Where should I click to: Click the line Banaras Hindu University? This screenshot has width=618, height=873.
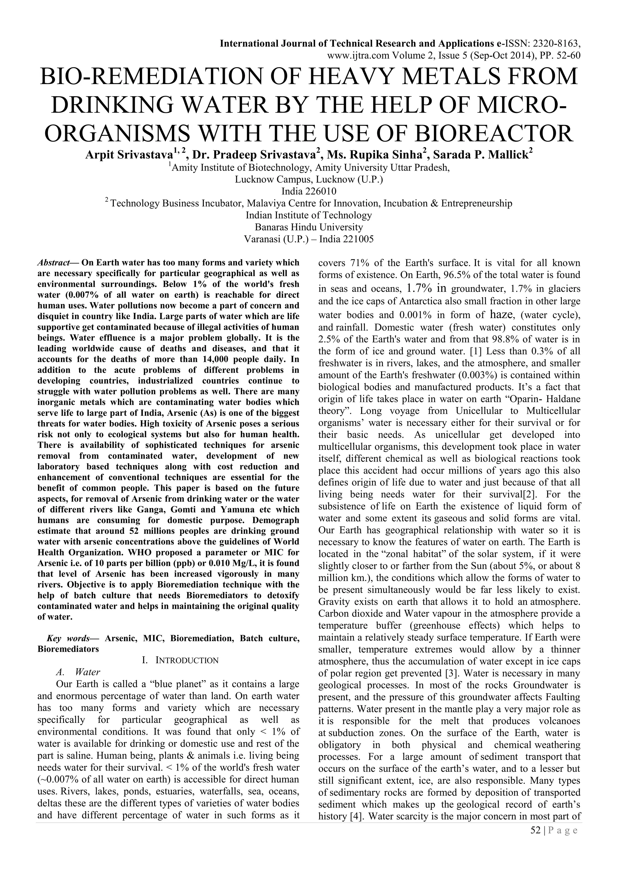tap(309, 227)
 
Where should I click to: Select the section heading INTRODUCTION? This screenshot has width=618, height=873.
tap(187, 660)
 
